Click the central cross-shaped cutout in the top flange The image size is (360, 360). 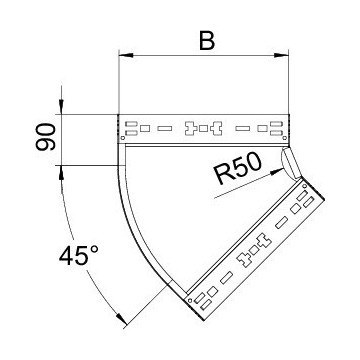(x=205, y=128)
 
